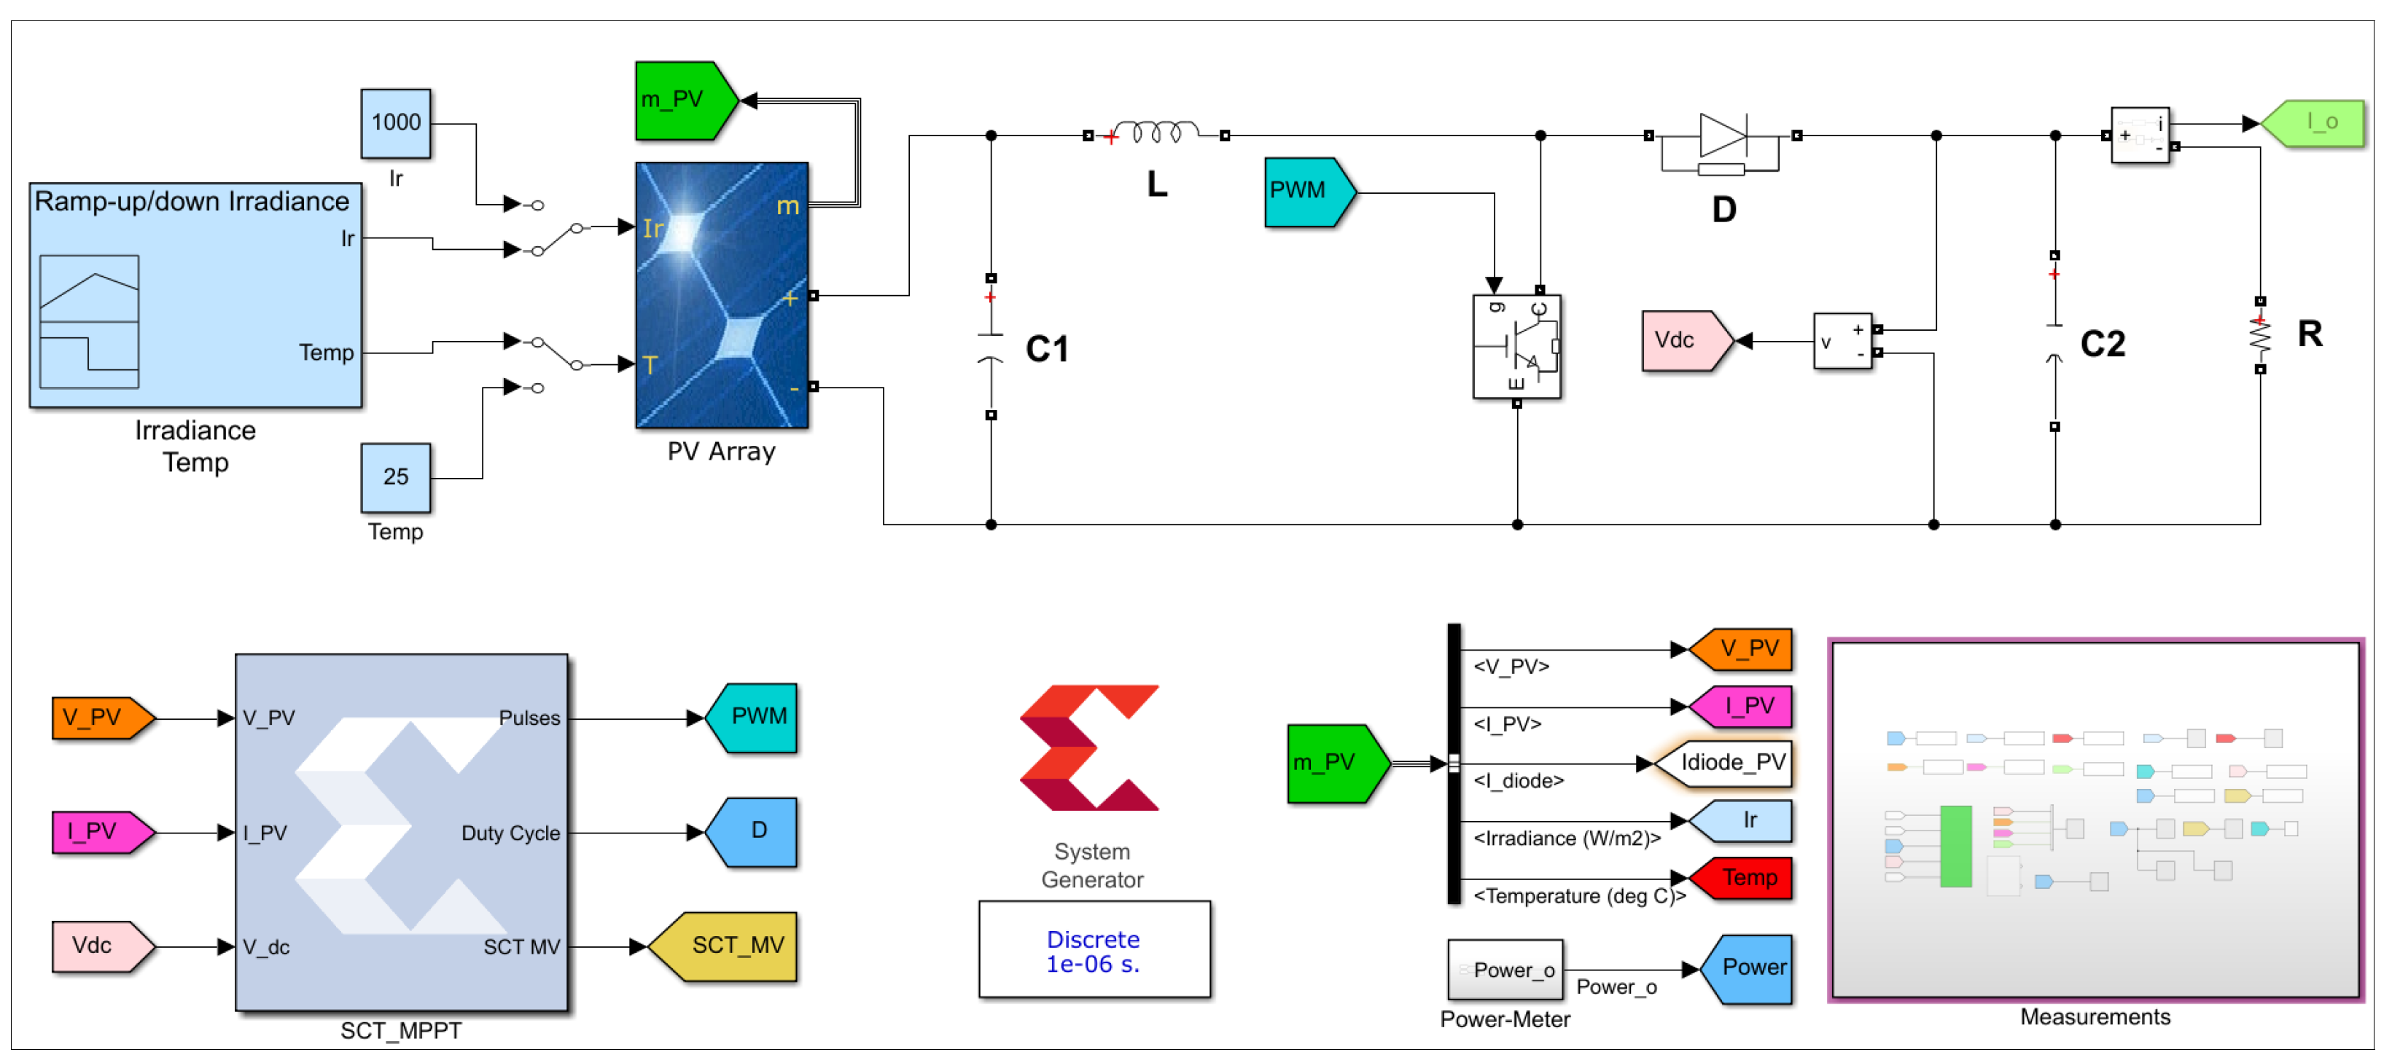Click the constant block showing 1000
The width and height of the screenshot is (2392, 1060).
(x=396, y=123)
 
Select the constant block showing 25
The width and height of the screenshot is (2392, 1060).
(x=396, y=477)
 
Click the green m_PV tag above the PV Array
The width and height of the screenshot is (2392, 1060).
(x=683, y=101)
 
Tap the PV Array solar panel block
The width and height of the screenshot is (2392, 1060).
(x=722, y=295)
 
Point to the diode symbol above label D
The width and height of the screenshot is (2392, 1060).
(x=1723, y=136)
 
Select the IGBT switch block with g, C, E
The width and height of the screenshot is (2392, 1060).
(x=1516, y=346)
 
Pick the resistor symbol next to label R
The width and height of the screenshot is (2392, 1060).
(x=2259, y=335)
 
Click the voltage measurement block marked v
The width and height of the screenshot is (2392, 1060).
(x=1842, y=342)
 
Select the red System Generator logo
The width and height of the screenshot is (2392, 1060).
(x=1089, y=747)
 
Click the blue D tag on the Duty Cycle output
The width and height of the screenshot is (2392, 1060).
(x=753, y=832)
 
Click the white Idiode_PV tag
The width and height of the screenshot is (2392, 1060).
(x=1726, y=763)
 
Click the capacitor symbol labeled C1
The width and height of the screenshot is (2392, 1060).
(x=991, y=346)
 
